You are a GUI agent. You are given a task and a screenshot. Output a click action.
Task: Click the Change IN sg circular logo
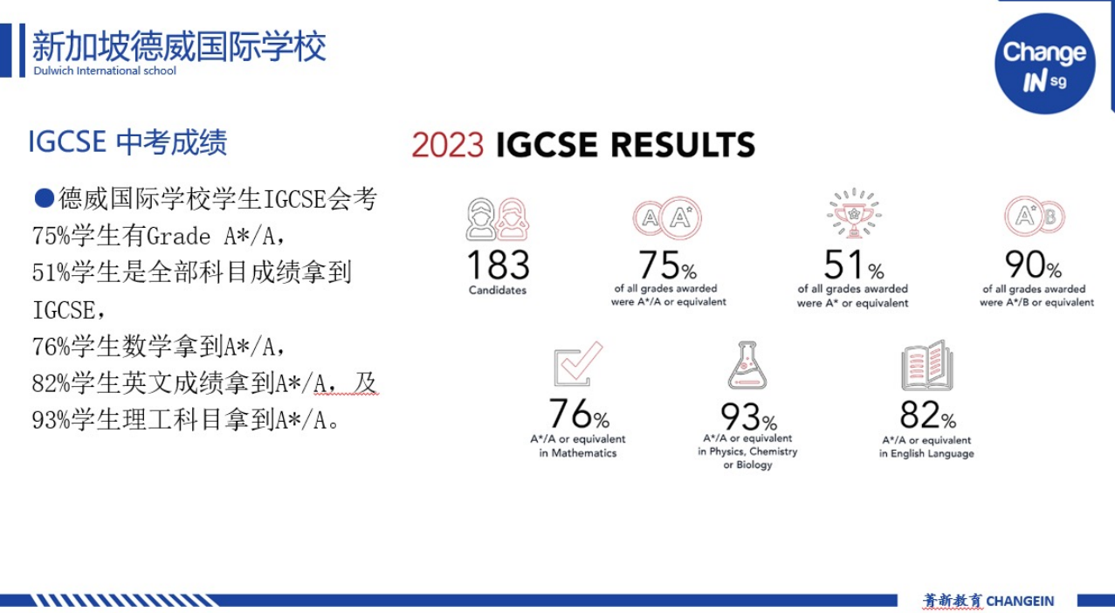coord(1045,63)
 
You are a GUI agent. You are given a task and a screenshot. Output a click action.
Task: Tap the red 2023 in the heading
coord(448,145)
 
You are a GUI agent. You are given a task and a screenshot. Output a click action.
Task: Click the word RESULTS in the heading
coord(683,145)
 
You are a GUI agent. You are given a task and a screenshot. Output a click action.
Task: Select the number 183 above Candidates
coord(499,265)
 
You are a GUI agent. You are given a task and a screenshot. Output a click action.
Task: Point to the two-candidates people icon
coord(498,219)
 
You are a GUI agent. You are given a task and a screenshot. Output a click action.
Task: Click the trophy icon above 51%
coord(854,213)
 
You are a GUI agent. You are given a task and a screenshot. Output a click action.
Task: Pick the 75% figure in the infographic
coord(667,265)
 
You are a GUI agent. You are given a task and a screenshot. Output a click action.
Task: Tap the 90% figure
coord(1034,265)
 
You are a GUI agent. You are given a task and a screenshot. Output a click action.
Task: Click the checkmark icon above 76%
coord(578,364)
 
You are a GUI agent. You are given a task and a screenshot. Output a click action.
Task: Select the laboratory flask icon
coord(747,365)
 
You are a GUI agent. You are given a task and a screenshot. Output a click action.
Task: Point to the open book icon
coord(927,365)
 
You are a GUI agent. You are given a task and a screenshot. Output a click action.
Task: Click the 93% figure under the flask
coord(748,417)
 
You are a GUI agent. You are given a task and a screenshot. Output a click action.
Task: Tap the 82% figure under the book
coord(928,415)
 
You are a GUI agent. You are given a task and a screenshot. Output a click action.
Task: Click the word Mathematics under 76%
coord(584,453)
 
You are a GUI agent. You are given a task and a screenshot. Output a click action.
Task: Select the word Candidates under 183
coord(498,290)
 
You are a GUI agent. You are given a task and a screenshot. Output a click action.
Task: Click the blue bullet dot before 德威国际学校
coord(44,198)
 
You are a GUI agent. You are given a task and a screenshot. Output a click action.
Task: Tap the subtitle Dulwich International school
coord(105,71)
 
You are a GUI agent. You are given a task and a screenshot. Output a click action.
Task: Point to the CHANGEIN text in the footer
coord(1020,602)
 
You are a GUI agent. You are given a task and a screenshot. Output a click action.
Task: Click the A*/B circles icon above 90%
coord(1035,217)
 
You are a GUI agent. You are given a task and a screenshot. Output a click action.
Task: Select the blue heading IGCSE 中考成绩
coord(127,142)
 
